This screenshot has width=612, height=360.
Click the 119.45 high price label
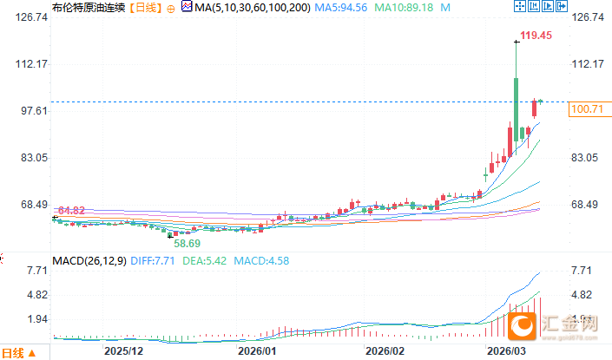(536, 36)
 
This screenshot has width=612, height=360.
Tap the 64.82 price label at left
(70, 211)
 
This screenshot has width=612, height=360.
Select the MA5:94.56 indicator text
(340, 8)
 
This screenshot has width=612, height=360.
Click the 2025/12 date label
(123, 351)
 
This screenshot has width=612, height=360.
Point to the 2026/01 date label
(256, 351)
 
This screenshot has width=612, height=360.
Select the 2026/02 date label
(385, 351)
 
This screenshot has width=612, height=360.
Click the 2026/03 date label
(508, 351)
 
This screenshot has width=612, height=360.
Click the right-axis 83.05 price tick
(587, 158)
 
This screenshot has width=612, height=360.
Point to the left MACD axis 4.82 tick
(16, 295)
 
